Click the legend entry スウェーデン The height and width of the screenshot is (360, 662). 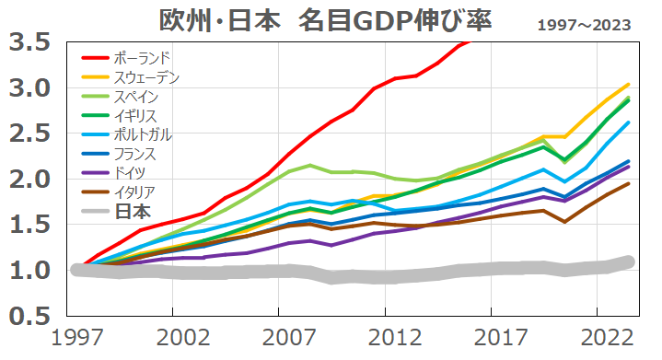[x=153, y=76]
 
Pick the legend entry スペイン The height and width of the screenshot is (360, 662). [x=139, y=96]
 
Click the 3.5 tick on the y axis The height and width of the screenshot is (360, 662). [x=30, y=42]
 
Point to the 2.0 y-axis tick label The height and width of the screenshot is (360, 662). [x=30, y=180]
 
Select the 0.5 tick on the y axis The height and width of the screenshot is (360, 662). [x=30, y=316]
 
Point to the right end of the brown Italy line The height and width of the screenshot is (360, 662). [x=629, y=183]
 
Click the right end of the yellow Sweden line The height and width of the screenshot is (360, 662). [x=629, y=84]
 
